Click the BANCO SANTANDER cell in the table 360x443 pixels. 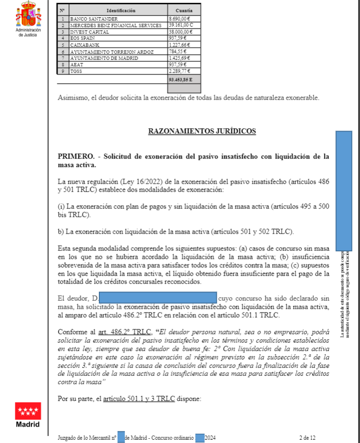[x=91, y=18]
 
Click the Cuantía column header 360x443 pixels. [x=184, y=10]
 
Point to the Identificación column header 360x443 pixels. [x=120, y=10]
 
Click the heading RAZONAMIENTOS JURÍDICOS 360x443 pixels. [x=202, y=131]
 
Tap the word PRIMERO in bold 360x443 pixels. [x=73, y=157]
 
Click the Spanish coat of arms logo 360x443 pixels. [x=28, y=14]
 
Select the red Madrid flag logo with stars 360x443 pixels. [x=28, y=411]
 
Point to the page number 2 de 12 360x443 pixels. [x=307, y=437]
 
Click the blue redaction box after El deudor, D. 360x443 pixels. [x=159, y=297]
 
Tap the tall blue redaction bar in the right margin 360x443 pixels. [x=344, y=189]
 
